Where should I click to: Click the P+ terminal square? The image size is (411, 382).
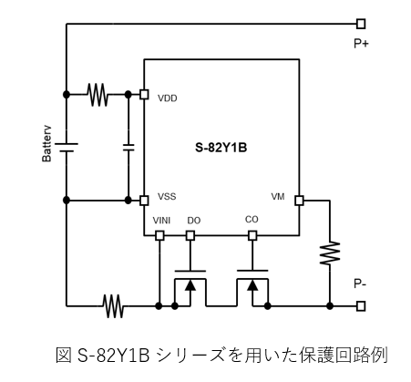pyautogui.click(x=361, y=24)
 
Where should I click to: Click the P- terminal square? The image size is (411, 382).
pyautogui.click(x=361, y=306)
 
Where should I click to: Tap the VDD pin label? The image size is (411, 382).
pyautogui.click(x=168, y=98)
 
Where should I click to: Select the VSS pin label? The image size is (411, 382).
pyautogui.click(x=167, y=197)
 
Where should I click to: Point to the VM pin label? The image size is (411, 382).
pyautogui.click(x=278, y=197)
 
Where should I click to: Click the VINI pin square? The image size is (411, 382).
pyautogui.click(x=159, y=235)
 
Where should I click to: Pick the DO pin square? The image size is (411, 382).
pyautogui.click(x=190, y=235)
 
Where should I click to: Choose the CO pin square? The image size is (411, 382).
pyautogui.click(x=252, y=235)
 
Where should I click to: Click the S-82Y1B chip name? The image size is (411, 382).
pyautogui.click(x=221, y=148)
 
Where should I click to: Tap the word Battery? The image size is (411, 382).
pyautogui.click(x=46, y=144)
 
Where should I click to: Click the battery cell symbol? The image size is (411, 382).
pyautogui.click(x=67, y=148)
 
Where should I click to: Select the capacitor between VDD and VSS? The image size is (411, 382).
pyautogui.click(x=128, y=148)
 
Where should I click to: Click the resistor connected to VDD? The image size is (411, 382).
pyautogui.click(x=98, y=95)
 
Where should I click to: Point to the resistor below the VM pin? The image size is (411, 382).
pyautogui.click(x=330, y=253)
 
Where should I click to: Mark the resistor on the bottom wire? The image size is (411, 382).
pyautogui.click(x=113, y=306)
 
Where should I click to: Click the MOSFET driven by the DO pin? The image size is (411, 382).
pyautogui.click(x=190, y=288)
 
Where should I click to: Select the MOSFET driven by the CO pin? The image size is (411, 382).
pyautogui.click(x=252, y=288)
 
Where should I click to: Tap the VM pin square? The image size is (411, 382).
pyautogui.click(x=299, y=201)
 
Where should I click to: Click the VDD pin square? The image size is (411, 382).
pyautogui.click(x=144, y=95)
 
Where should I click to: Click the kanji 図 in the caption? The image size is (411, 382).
pyautogui.click(x=64, y=355)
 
